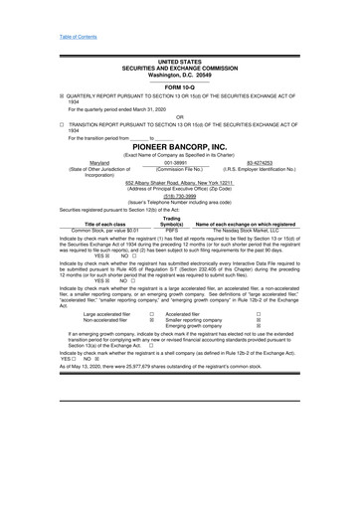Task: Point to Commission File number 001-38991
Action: tap(178, 162)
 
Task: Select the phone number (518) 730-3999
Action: tap(179, 196)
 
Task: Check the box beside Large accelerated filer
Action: tap(150, 341)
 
